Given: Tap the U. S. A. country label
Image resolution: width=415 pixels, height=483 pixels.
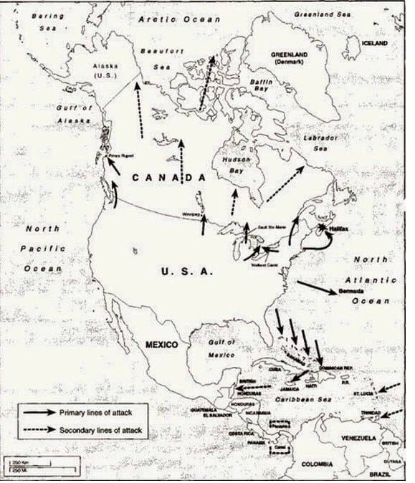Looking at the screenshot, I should (x=186, y=271).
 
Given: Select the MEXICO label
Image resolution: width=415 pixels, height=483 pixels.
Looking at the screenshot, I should (x=161, y=345).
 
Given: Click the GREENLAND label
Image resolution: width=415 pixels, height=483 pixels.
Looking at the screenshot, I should (x=289, y=58).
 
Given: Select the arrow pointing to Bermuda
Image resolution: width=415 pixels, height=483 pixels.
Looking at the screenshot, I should (x=316, y=287).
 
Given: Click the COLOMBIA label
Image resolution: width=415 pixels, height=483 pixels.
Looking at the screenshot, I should (x=317, y=464).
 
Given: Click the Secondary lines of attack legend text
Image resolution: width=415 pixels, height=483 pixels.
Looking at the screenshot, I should (x=101, y=431).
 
